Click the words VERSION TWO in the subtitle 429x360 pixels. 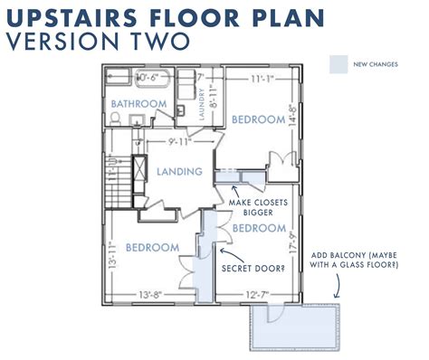pos(98,41)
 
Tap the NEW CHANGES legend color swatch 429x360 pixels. pos(339,63)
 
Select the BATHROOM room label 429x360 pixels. pos(139,105)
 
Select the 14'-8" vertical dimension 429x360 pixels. pos(292,118)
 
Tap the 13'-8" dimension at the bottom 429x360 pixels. pos(152,294)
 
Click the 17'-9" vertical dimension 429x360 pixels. pos(292,246)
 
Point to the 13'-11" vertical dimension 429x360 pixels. pos(113,258)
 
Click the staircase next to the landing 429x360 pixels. pos(118,190)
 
